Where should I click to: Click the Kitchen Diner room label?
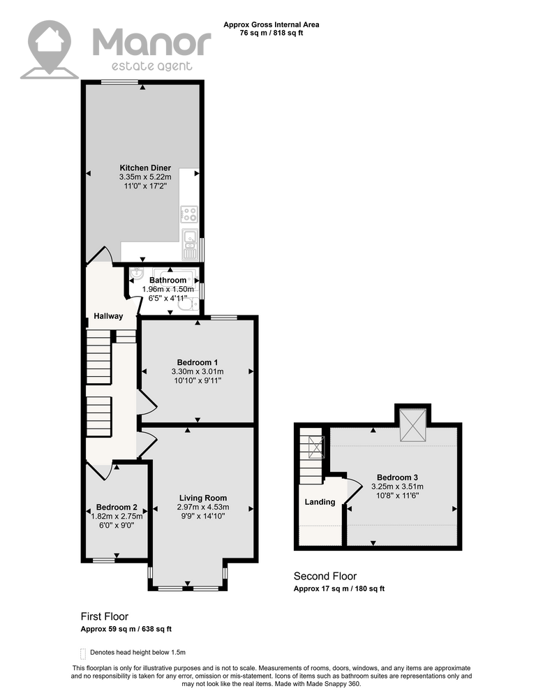[145, 168]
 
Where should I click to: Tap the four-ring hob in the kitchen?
[189, 214]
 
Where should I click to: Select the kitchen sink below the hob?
[190, 245]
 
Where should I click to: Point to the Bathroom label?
[168, 280]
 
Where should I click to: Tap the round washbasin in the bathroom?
[136, 274]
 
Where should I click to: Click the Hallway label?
[108, 316]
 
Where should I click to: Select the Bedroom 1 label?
[198, 362]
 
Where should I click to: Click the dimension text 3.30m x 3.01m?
[198, 371]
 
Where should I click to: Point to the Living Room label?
[203, 498]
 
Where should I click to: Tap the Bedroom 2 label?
[117, 507]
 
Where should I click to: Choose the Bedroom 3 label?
[397, 477]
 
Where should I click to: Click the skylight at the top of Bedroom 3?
[413, 426]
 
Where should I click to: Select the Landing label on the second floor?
[320, 502]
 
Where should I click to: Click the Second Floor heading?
[325, 576]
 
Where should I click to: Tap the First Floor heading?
[105, 616]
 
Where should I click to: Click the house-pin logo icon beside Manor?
[50, 49]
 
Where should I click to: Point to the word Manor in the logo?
[151, 43]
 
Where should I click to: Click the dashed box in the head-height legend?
[83, 653]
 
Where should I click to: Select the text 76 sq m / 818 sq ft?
[271, 33]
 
